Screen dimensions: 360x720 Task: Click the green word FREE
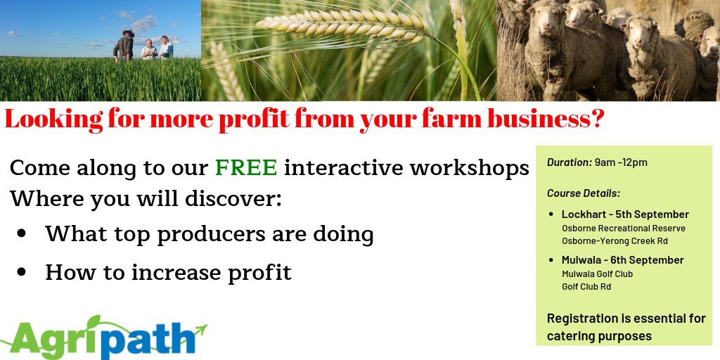[246, 168]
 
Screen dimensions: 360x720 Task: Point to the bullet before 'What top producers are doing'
[22, 234]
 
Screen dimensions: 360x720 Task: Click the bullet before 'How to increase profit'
[22, 271]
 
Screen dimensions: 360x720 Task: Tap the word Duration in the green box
[569, 162]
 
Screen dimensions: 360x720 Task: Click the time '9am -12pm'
[621, 162]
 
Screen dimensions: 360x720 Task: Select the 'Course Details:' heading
[584, 193]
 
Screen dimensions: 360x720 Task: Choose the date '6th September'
[649, 260]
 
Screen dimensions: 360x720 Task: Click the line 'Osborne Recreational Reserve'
[623, 229]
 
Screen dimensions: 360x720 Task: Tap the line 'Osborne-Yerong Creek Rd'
[615, 241]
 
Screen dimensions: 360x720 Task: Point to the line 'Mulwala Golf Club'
[597, 274]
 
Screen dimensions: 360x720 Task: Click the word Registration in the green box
[581, 319]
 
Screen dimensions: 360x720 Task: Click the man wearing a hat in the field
[125, 46]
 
